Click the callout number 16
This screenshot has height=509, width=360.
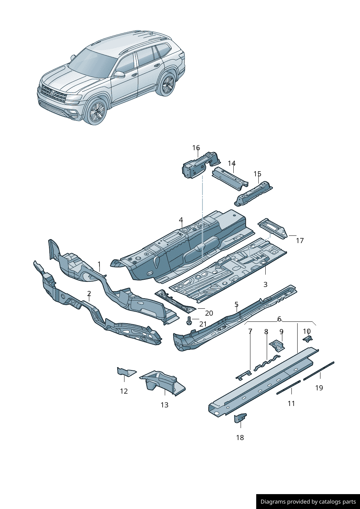click(x=196, y=148)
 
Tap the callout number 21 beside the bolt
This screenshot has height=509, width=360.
click(x=203, y=324)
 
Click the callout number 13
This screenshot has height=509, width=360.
click(x=164, y=405)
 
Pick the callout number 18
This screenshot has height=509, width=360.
click(x=240, y=438)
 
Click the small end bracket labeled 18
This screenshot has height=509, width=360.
click(x=240, y=418)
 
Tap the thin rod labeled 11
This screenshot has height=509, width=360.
click(x=289, y=387)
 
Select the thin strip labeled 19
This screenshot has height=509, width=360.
click(x=319, y=370)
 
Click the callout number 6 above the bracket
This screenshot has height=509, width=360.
click(x=279, y=319)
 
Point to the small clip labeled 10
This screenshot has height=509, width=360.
click(x=308, y=339)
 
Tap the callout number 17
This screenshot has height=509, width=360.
click(x=300, y=240)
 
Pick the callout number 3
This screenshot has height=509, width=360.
click(x=265, y=284)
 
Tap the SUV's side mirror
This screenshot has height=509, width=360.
click(x=119, y=74)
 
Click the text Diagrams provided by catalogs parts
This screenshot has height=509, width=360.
click(x=308, y=502)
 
